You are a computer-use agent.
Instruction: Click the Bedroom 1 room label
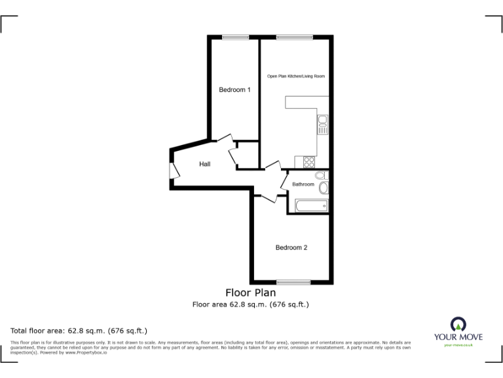point(234,90)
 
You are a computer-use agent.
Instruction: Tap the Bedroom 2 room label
point(291,247)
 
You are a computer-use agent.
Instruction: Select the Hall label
point(205,164)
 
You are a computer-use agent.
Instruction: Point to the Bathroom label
point(303,184)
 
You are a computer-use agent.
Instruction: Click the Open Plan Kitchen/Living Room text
point(296,77)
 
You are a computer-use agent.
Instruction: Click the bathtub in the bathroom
point(311,206)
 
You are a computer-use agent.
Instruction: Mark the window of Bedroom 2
point(293,282)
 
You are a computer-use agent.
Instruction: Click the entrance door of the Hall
point(174,169)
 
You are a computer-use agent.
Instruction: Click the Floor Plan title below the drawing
point(250,293)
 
